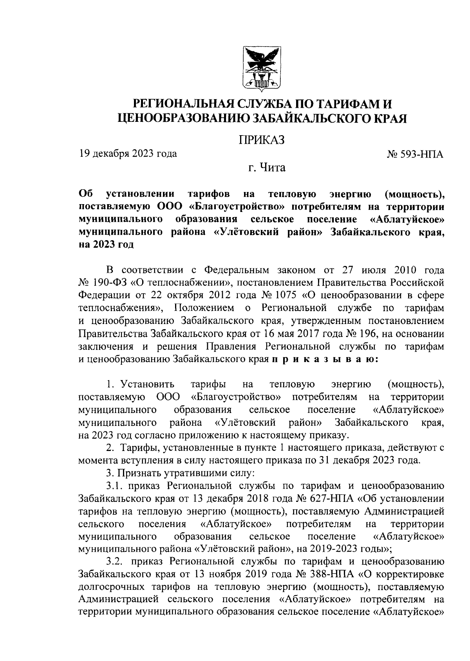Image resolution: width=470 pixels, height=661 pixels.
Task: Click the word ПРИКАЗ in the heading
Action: click(x=262, y=140)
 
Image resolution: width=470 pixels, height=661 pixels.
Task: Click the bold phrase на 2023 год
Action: click(x=106, y=245)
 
